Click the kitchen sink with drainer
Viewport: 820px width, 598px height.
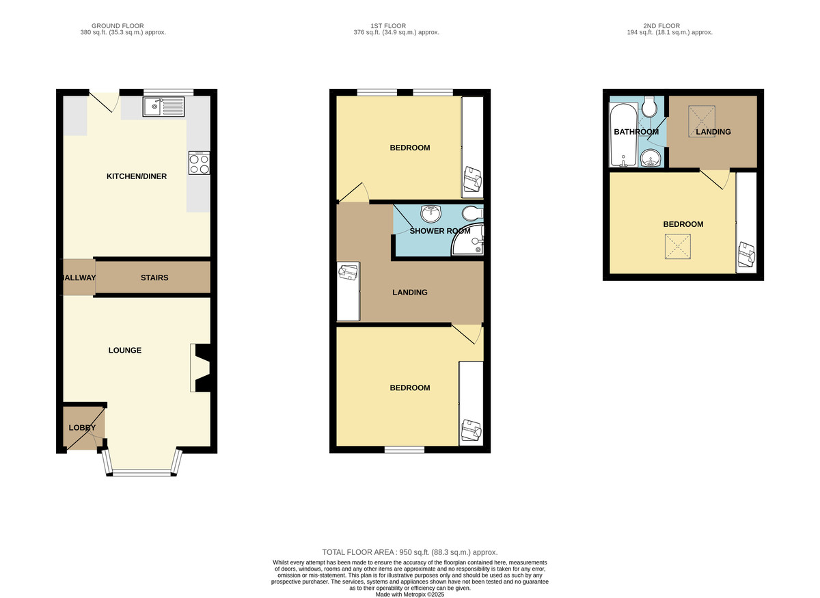pyautogui.click(x=163, y=107)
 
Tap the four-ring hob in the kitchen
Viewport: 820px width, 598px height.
pyautogui.click(x=200, y=163)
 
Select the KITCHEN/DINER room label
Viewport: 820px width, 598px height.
pyautogui.click(x=137, y=176)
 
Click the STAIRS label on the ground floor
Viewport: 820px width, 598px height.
pyautogui.click(x=154, y=278)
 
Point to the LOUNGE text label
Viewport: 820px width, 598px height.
pyautogui.click(x=125, y=351)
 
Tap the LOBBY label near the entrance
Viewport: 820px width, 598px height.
pyautogui.click(x=83, y=428)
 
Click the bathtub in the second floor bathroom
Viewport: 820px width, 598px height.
pyautogui.click(x=623, y=135)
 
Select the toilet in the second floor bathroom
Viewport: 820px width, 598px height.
pyautogui.click(x=650, y=107)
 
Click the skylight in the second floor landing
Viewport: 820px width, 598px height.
pyautogui.click(x=702, y=121)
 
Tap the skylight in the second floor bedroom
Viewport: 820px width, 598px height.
pyautogui.click(x=678, y=247)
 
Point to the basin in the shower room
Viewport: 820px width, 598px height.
pyautogui.click(x=431, y=213)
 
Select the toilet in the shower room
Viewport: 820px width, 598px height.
pyautogui.click(x=473, y=213)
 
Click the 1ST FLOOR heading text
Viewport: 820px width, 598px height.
pyautogui.click(x=388, y=26)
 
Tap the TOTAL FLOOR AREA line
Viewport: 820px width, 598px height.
pyautogui.click(x=410, y=552)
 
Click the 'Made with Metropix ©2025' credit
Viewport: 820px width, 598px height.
pyautogui.click(x=410, y=595)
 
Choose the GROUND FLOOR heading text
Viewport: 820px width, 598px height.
pyautogui.click(x=118, y=26)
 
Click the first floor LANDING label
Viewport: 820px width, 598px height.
pyautogui.click(x=410, y=293)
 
